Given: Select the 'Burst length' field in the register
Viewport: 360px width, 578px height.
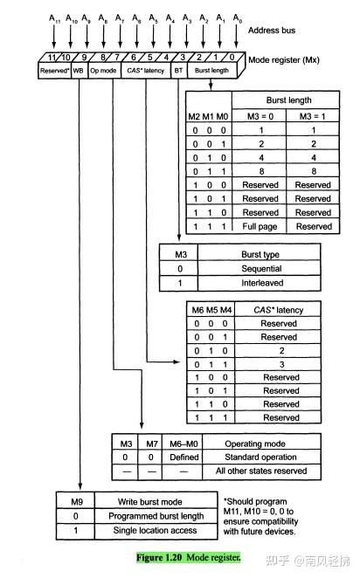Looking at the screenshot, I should coord(212,70).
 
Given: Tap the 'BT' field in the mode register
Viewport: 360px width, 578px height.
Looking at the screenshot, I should coord(178,70).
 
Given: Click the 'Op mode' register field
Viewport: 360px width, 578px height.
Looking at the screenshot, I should coord(103,70).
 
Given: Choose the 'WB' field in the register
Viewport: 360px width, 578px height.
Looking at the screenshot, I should coord(79,70).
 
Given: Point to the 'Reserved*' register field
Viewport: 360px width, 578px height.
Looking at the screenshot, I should coord(53,70).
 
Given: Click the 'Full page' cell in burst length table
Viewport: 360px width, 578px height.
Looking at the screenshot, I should coord(260,226).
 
